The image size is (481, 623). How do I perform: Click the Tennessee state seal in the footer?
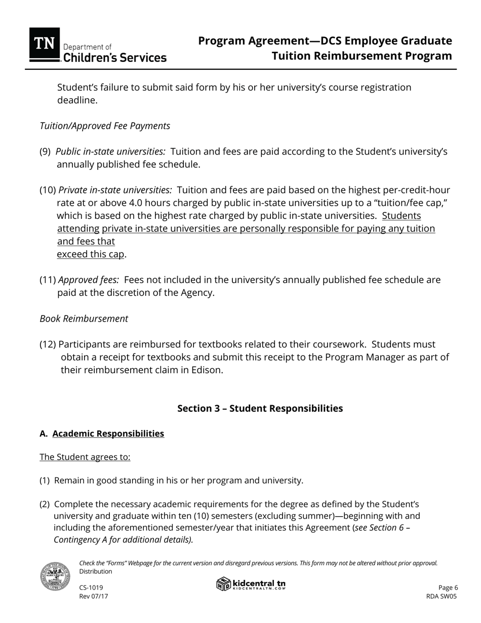(55, 576)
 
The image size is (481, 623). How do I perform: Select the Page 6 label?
(448, 588)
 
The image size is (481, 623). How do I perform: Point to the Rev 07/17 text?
(94, 596)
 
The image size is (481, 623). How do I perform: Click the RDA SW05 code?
(442, 596)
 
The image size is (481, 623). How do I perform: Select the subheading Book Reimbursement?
(84, 319)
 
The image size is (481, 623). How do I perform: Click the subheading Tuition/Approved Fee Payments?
(105, 126)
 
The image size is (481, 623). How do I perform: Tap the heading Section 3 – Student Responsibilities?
(260, 408)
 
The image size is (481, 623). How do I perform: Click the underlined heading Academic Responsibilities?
(108, 434)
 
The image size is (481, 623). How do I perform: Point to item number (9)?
(45, 151)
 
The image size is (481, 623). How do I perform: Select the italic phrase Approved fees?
(89, 280)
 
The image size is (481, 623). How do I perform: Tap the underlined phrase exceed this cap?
(90, 254)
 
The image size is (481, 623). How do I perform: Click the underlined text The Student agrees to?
(85, 457)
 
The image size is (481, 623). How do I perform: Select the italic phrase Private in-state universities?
(115, 190)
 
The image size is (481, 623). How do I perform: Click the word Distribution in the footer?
(96, 571)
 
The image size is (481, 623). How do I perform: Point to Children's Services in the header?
(115, 58)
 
